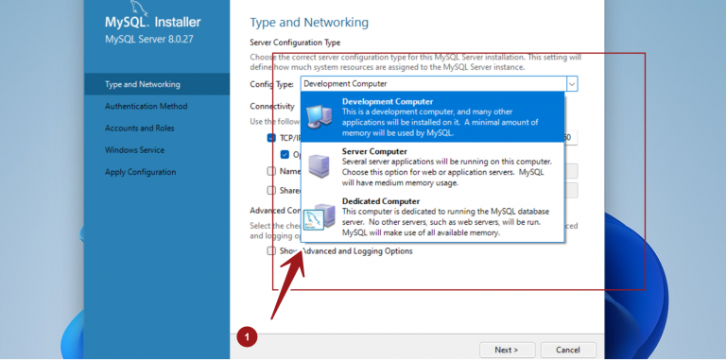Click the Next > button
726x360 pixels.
pos(507,350)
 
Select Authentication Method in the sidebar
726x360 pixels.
pos(140,107)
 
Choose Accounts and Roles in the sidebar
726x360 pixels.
pos(139,129)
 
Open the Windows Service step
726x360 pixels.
pos(134,150)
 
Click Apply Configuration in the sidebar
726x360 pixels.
pos(140,172)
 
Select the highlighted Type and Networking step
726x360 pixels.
pos(142,84)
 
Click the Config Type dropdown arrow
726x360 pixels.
pos(572,84)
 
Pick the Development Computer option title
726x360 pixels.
pos(388,101)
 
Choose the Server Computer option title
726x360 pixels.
pos(374,151)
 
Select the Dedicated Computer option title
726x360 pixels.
pos(381,201)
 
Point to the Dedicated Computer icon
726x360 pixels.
pos(320,216)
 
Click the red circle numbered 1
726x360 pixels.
pos(247,335)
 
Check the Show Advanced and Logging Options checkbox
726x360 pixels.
pos(272,251)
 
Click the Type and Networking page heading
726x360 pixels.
pos(309,22)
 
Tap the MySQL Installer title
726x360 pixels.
pos(152,22)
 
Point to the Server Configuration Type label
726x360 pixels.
pos(295,43)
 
